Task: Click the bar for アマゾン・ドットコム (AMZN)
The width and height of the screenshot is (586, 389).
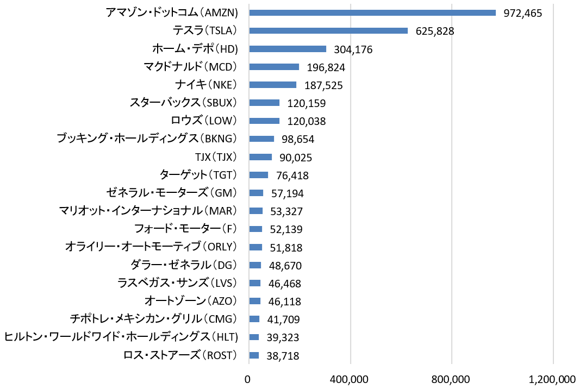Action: pyautogui.click(x=372, y=13)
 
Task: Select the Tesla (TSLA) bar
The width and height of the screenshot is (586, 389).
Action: pyautogui.click(x=328, y=31)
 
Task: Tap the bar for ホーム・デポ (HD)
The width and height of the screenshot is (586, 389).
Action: pyautogui.click(x=288, y=49)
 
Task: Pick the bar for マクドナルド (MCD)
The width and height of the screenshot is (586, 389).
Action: pyautogui.click(x=274, y=67)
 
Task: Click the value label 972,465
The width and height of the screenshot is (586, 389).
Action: pyautogui.click(x=523, y=14)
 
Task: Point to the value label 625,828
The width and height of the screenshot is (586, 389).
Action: pyautogui.click(x=435, y=32)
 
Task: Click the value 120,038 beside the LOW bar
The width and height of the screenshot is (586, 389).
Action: pyautogui.click(x=307, y=121)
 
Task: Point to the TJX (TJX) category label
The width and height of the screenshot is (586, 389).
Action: pyautogui.click(x=216, y=157)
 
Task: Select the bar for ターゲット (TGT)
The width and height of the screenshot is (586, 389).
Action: pyautogui.click(x=258, y=175)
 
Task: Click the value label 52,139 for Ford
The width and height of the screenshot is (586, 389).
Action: pyautogui.click(x=283, y=229)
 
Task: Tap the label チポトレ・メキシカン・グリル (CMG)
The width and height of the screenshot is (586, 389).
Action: pyautogui.click(x=154, y=319)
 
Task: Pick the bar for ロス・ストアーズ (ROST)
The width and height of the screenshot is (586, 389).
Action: pyautogui.click(x=254, y=355)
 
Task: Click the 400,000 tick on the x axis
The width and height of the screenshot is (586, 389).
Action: pyautogui.click(x=351, y=379)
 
